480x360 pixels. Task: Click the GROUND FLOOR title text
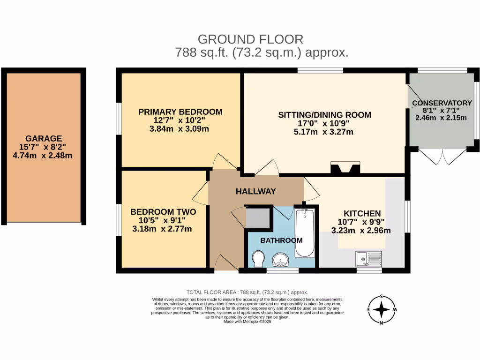(x=250, y=39)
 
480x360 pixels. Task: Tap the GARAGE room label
(x=44, y=138)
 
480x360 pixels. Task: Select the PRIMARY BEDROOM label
(x=180, y=112)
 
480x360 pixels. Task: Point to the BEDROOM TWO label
(x=163, y=212)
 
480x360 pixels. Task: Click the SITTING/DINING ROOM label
(x=324, y=114)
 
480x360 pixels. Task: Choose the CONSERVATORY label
(x=442, y=103)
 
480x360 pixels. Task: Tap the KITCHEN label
(x=362, y=213)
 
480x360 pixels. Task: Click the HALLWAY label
(x=255, y=191)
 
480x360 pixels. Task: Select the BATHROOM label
(x=281, y=240)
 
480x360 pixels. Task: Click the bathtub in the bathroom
(x=305, y=233)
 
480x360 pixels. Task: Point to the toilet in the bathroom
(x=257, y=259)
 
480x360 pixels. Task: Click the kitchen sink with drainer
(x=369, y=258)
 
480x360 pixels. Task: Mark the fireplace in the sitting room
(x=345, y=168)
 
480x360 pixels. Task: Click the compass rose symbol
(x=382, y=310)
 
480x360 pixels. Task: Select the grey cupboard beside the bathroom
(x=257, y=217)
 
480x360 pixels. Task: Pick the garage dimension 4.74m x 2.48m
(x=44, y=155)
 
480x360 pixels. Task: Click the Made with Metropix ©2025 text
(x=247, y=322)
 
